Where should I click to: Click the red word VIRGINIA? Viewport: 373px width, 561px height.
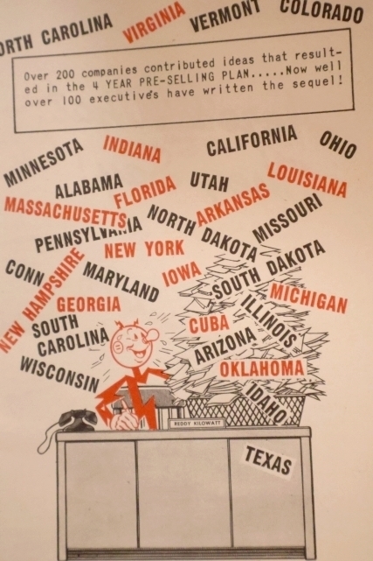click(x=154, y=22)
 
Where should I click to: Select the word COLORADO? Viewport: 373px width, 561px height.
click(x=321, y=11)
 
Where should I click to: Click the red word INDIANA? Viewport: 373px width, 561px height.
click(x=132, y=150)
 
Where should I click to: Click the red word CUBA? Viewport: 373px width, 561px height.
click(x=209, y=325)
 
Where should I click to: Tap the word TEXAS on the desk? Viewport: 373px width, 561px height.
click(x=267, y=459)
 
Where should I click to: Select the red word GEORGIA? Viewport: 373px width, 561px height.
click(x=88, y=305)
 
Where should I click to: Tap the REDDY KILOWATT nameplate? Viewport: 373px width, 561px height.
click(x=196, y=423)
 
